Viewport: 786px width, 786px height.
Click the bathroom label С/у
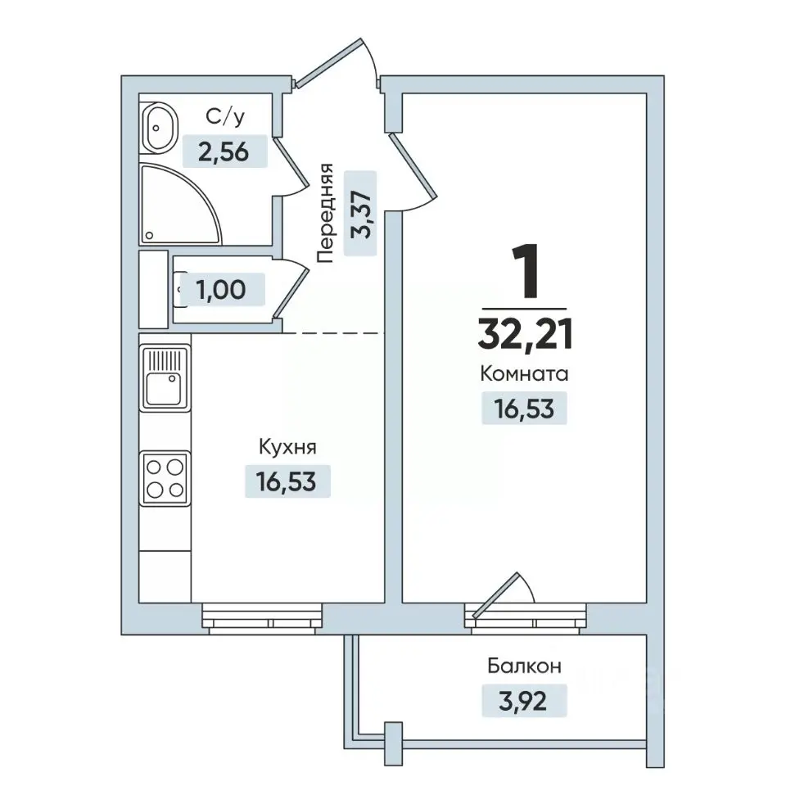[225, 117]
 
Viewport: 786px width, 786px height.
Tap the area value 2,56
[224, 152]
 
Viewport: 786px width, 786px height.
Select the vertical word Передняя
[325, 213]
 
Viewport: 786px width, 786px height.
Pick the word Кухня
[287, 447]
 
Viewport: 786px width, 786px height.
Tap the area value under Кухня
[287, 481]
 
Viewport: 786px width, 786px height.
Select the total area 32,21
[525, 335]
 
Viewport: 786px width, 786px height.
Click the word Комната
[524, 374]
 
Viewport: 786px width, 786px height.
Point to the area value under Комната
[524, 409]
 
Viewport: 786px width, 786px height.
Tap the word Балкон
[524, 666]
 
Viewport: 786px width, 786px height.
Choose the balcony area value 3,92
[523, 701]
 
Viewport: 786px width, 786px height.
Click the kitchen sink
[165, 378]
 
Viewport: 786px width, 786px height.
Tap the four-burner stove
[165, 478]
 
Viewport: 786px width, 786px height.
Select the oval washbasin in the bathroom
[160, 128]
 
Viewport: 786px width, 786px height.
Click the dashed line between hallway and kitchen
[333, 333]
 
